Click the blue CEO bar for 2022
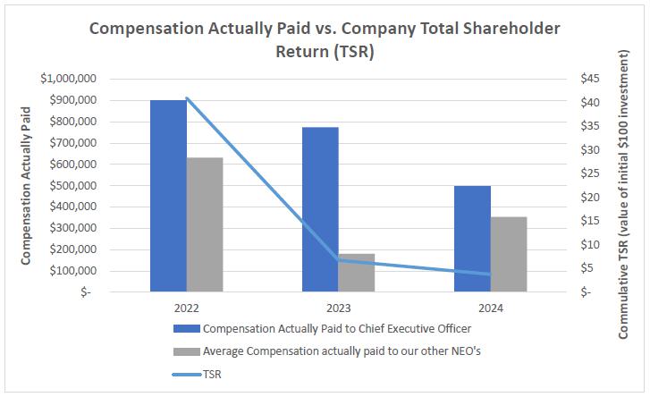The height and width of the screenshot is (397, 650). pos(168,196)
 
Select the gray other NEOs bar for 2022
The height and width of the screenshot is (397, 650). pos(205,224)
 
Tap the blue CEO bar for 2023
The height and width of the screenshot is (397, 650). pos(320,209)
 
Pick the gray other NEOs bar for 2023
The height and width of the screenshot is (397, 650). pos(357,273)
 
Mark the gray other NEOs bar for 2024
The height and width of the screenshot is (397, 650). pos(509,254)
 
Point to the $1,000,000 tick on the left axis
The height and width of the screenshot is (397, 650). pos(69,79)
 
